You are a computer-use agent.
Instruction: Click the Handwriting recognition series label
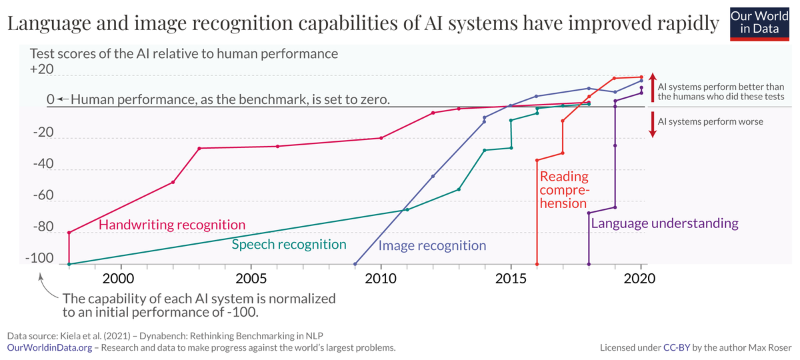pos(172,225)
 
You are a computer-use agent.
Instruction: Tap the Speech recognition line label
pos(289,244)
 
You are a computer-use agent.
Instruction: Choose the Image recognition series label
pos(432,245)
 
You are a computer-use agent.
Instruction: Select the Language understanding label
pos(665,223)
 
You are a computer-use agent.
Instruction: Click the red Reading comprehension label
pos(564,190)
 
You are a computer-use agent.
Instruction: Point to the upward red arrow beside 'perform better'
pos(653,87)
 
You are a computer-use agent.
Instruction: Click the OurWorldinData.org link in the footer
pos(48,347)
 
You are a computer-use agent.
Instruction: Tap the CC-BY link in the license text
pos(676,347)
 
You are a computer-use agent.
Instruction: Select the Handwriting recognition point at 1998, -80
pos(69,233)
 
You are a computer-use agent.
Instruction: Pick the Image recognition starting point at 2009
pos(355,264)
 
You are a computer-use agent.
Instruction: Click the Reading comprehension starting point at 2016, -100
pos(537,264)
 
